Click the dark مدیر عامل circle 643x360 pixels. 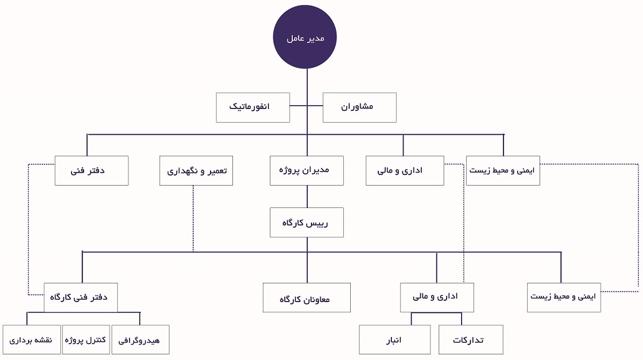tap(305, 37)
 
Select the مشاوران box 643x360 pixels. tap(360, 107)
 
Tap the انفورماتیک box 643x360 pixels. tap(253, 107)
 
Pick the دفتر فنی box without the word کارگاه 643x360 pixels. tap(92, 171)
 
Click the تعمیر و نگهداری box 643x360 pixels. tap(196, 171)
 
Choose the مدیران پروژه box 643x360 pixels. tap(307, 171)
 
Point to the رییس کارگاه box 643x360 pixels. tap(307, 222)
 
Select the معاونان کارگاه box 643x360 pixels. tap(307, 298)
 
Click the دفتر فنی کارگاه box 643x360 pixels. tap(81, 298)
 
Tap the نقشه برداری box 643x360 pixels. tap(32, 339)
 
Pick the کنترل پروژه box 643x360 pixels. tap(86, 339)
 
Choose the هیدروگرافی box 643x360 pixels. tap(140, 339)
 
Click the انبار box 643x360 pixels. tap(395, 339)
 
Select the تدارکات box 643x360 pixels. tap(471, 339)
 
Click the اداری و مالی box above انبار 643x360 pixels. tap(437, 298)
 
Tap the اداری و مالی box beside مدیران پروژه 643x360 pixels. tap(405, 171)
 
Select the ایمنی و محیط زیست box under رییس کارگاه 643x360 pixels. tap(564, 298)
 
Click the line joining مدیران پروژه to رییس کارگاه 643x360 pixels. tap(307, 197)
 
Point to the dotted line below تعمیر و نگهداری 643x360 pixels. tap(193, 219)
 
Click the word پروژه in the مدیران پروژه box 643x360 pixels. tap(290, 170)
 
